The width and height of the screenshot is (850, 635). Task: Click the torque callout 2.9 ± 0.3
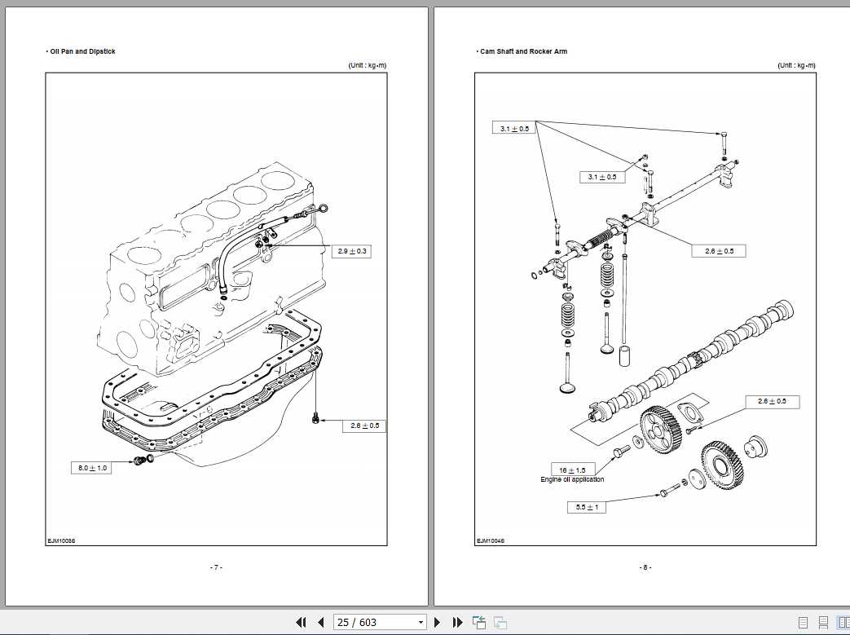tap(353, 252)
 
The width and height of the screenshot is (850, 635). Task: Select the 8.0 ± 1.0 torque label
tap(92, 468)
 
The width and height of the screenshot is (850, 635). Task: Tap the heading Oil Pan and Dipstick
tap(82, 51)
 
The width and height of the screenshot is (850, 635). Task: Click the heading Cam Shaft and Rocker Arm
tap(523, 51)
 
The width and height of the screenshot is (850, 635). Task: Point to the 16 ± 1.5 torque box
tap(574, 470)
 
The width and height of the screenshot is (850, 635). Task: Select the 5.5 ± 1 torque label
tap(587, 507)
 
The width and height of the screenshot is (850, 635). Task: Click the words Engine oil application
tap(572, 479)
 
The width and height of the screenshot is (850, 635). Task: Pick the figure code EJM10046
tap(491, 540)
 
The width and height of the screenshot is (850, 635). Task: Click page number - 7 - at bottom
tap(216, 567)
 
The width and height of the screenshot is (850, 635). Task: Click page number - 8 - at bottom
tap(645, 567)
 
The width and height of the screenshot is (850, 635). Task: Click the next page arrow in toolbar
tap(438, 622)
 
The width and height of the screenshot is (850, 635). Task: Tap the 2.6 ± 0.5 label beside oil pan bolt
tap(365, 426)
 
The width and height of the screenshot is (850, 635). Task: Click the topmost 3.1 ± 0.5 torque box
tap(513, 128)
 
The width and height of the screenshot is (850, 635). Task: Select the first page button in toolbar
tap(301, 622)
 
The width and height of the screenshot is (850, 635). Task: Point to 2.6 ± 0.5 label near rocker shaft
tap(719, 251)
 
